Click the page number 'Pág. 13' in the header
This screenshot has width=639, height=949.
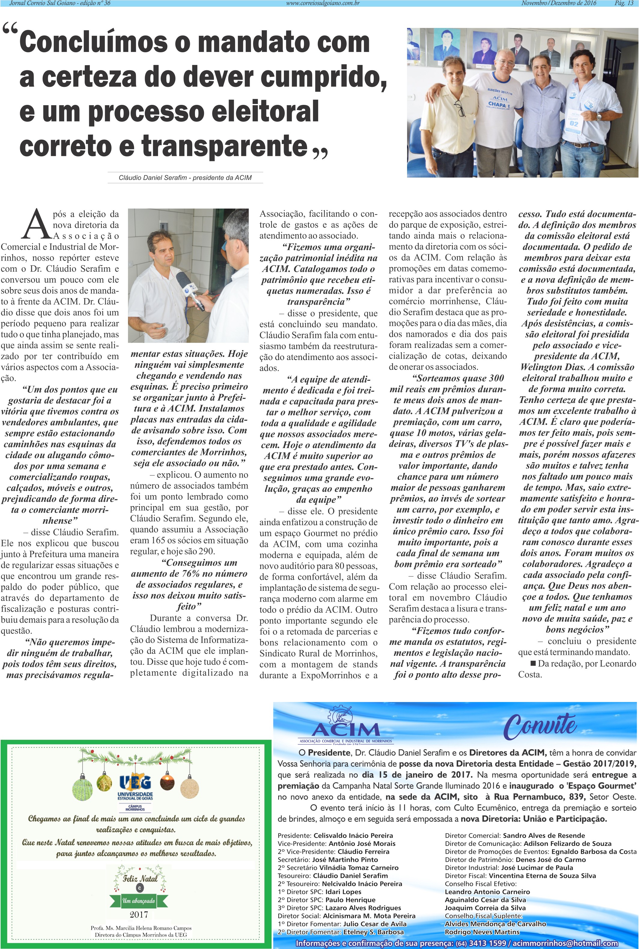[x=623, y=3]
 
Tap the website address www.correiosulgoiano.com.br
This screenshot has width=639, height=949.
[x=323, y=3]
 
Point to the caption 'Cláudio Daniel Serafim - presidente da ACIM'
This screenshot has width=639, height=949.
[x=185, y=178]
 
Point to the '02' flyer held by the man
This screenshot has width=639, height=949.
[x=574, y=123]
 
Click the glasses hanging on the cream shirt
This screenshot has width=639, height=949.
[x=459, y=108]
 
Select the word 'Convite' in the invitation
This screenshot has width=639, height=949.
[x=540, y=726]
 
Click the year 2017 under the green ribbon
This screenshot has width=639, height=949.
[x=138, y=914]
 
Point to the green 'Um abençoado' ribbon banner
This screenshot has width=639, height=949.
[x=138, y=901]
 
